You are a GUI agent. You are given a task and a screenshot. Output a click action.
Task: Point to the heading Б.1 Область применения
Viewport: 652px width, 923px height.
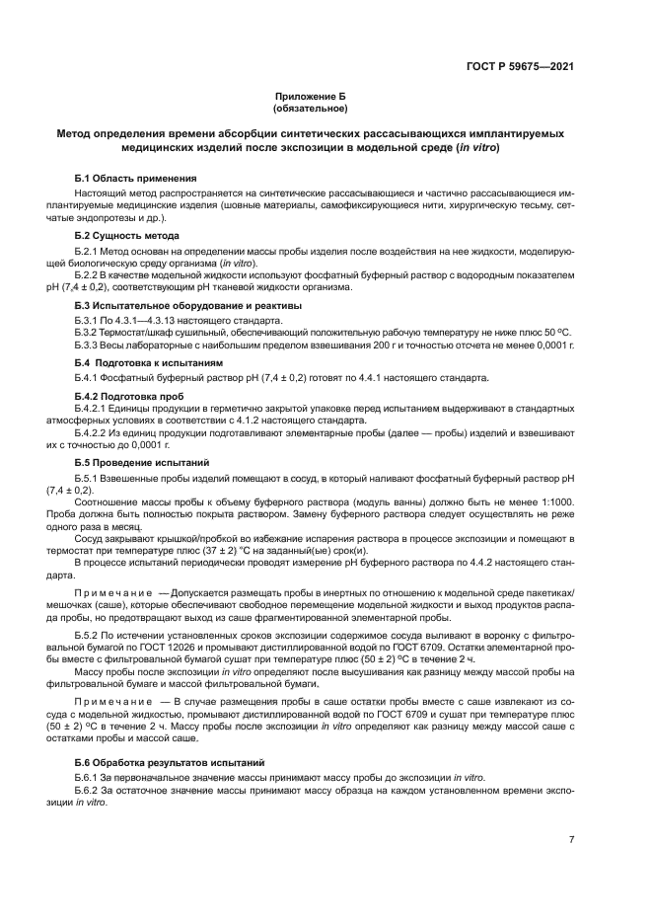click(126, 178)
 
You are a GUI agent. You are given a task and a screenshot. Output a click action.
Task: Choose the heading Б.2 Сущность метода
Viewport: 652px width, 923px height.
click(126, 237)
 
